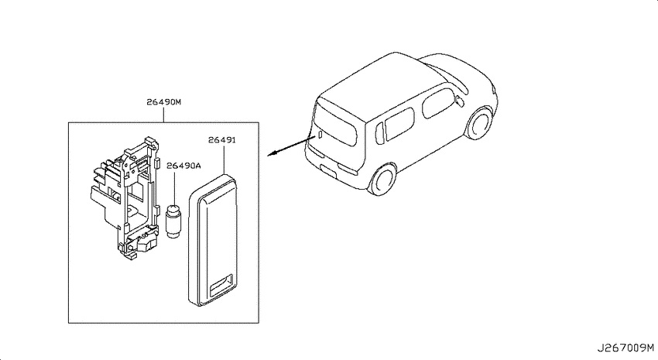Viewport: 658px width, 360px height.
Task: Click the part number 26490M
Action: [163, 102]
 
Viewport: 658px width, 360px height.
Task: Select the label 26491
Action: [222, 139]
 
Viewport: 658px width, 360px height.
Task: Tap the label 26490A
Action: [183, 166]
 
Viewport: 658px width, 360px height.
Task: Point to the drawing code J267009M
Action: [625, 348]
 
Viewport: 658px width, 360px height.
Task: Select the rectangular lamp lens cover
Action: [212, 239]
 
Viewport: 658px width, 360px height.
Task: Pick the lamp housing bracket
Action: [125, 198]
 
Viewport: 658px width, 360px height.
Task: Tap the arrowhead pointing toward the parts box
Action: [272, 153]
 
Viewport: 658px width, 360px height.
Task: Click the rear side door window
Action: [399, 123]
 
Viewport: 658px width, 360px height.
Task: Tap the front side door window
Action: [438, 102]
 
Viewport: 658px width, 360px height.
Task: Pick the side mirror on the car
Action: [460, 101]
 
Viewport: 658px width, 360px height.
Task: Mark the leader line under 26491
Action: [224, 159]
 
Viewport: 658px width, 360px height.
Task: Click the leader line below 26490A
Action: [173, 187]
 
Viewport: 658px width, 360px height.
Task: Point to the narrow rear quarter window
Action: [379, 134]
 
